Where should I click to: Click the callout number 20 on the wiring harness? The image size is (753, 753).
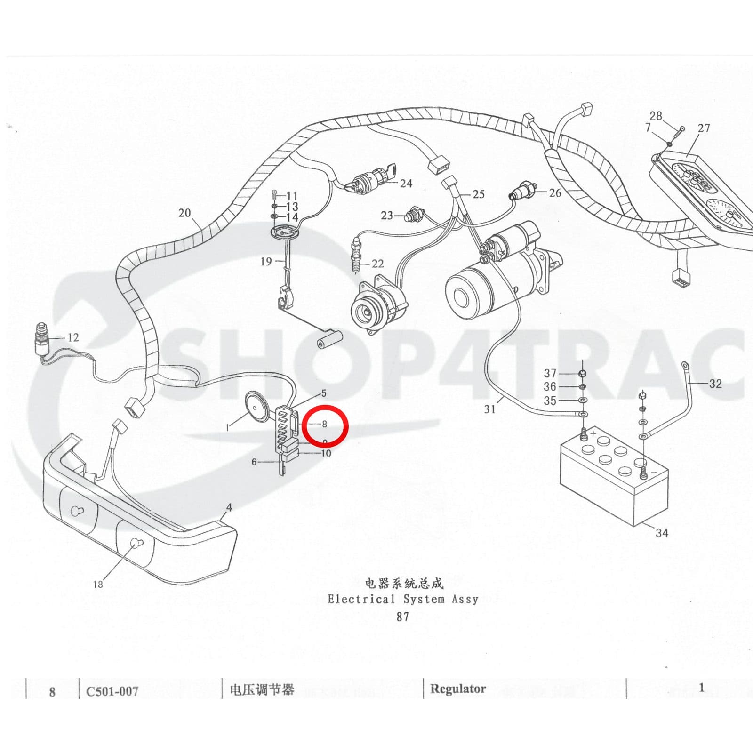(184, 213)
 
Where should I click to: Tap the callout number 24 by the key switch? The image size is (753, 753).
(406, 184)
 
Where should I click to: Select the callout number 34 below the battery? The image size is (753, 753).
(662, 533)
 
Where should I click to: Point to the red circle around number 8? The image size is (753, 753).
(325, 425)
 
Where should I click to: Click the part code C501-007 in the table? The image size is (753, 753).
(112, 691)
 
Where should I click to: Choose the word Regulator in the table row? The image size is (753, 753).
(457, 689)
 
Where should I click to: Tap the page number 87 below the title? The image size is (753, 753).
(403, 617)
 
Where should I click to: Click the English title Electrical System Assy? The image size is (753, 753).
(403, 599)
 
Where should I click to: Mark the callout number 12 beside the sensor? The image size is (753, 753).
(73, 337)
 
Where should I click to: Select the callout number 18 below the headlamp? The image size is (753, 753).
(98, 584)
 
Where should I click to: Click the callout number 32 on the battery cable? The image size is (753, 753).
(715, 384)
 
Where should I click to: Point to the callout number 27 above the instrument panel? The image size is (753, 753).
(704, 128)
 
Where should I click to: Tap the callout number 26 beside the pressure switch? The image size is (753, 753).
(555, 192)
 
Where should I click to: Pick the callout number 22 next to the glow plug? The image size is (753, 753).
(377, 264)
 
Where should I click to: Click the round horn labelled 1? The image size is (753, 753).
(258, 405)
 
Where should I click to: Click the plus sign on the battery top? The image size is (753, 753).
(593, 433)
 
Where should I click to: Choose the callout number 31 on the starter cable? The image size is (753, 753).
(490, 409)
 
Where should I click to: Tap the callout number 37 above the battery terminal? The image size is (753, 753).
(550, 373)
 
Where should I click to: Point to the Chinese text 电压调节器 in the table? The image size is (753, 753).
(262, 690)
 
